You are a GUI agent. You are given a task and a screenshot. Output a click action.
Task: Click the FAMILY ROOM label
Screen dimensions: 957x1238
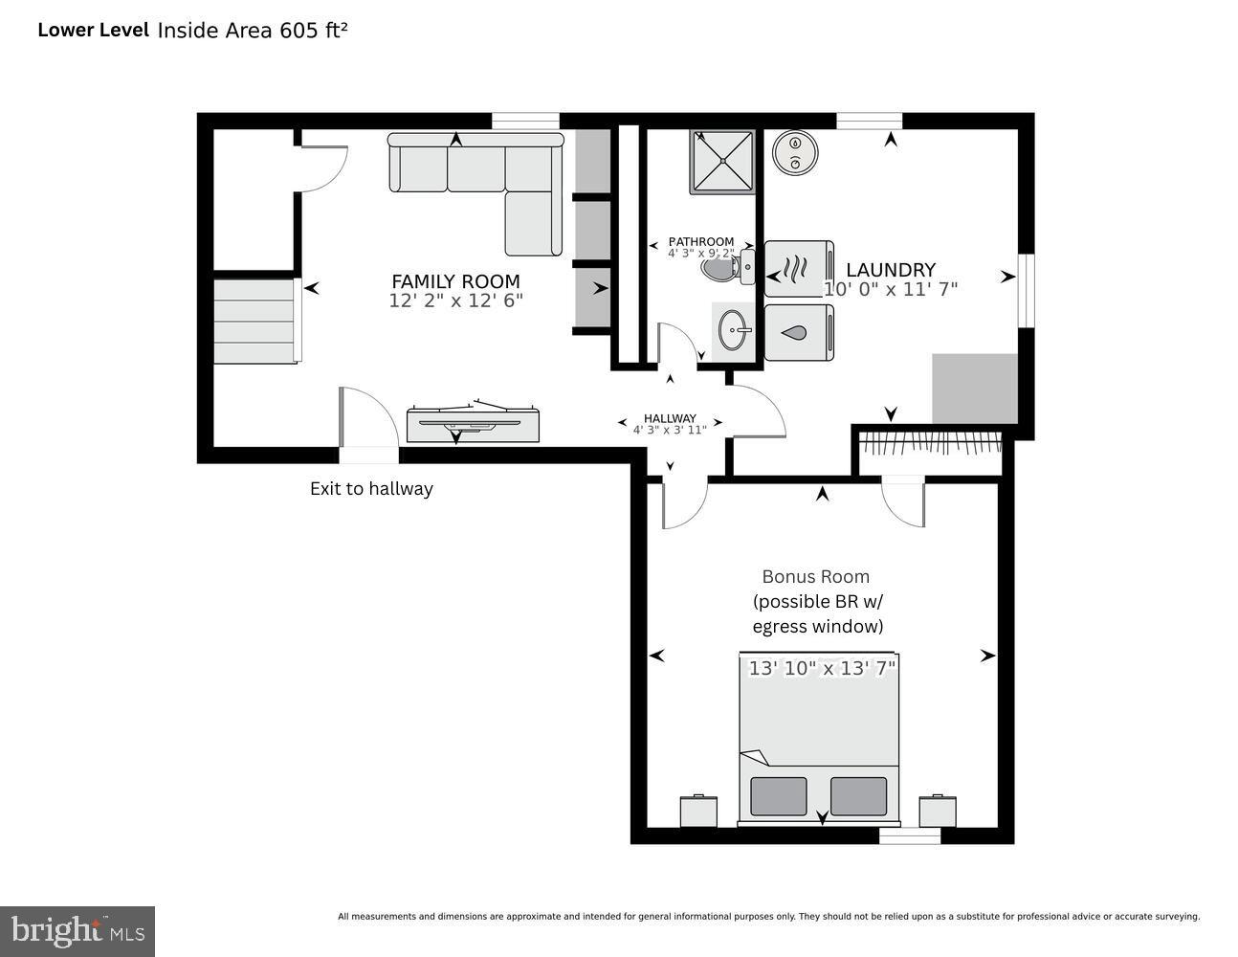[455, 281]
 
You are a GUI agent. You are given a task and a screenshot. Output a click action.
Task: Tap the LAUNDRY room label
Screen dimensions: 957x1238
[890, 270]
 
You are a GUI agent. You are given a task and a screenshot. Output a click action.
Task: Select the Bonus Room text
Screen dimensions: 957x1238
[815, 576]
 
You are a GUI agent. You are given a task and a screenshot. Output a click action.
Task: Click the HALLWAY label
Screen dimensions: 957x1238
[670, 418]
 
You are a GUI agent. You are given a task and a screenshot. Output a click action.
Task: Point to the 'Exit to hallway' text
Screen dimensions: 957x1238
[371, 488]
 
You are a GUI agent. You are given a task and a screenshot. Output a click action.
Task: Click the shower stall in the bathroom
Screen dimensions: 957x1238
[722, 161]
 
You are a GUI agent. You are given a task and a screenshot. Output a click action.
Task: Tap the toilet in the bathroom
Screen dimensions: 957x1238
[725, 269]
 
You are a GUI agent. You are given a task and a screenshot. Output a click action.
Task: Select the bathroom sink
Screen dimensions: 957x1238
[735, 331]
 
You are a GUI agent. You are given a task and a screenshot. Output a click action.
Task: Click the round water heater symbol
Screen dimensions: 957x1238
[794, 152]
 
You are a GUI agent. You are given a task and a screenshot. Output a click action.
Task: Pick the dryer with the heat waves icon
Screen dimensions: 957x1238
[799, 269]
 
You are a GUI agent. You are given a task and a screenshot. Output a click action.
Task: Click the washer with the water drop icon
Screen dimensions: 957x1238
[799, 332]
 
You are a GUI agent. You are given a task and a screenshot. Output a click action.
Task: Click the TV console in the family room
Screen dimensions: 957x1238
[473, 424]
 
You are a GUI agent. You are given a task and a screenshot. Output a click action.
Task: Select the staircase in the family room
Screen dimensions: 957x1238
[254, 321]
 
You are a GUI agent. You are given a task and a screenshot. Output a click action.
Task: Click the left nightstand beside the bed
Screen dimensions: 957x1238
[698, 811]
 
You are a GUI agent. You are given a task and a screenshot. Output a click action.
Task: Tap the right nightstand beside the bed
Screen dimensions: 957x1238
[938, 811]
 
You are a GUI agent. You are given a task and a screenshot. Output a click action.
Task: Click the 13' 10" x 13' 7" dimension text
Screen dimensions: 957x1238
[822, 668]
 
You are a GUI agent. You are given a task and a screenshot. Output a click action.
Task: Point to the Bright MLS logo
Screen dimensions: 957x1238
[77, 930]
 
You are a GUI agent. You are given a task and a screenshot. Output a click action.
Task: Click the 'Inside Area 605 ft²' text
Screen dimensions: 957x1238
[252, 30]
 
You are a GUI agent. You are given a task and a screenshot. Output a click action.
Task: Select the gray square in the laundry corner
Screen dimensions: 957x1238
[975, 389]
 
